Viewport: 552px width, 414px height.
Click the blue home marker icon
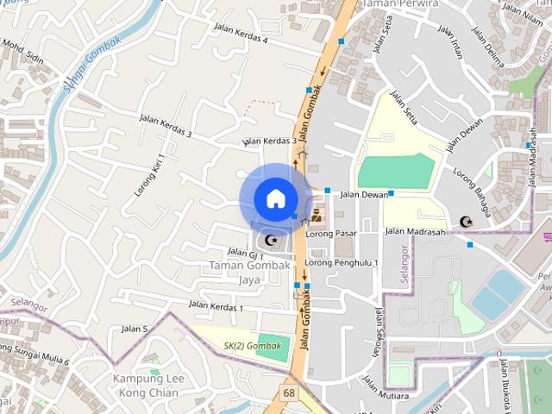point(274,198)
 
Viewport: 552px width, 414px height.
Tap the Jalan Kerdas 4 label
point(241,34)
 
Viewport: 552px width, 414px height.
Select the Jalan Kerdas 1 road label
point(216,306)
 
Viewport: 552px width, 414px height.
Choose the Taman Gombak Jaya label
point(248,272)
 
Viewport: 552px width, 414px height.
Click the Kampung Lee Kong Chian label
point(146,386)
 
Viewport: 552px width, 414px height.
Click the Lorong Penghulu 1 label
point(342,262)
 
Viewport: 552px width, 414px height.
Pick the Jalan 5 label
point(135,329)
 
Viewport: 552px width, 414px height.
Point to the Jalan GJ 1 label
point(245,253)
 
